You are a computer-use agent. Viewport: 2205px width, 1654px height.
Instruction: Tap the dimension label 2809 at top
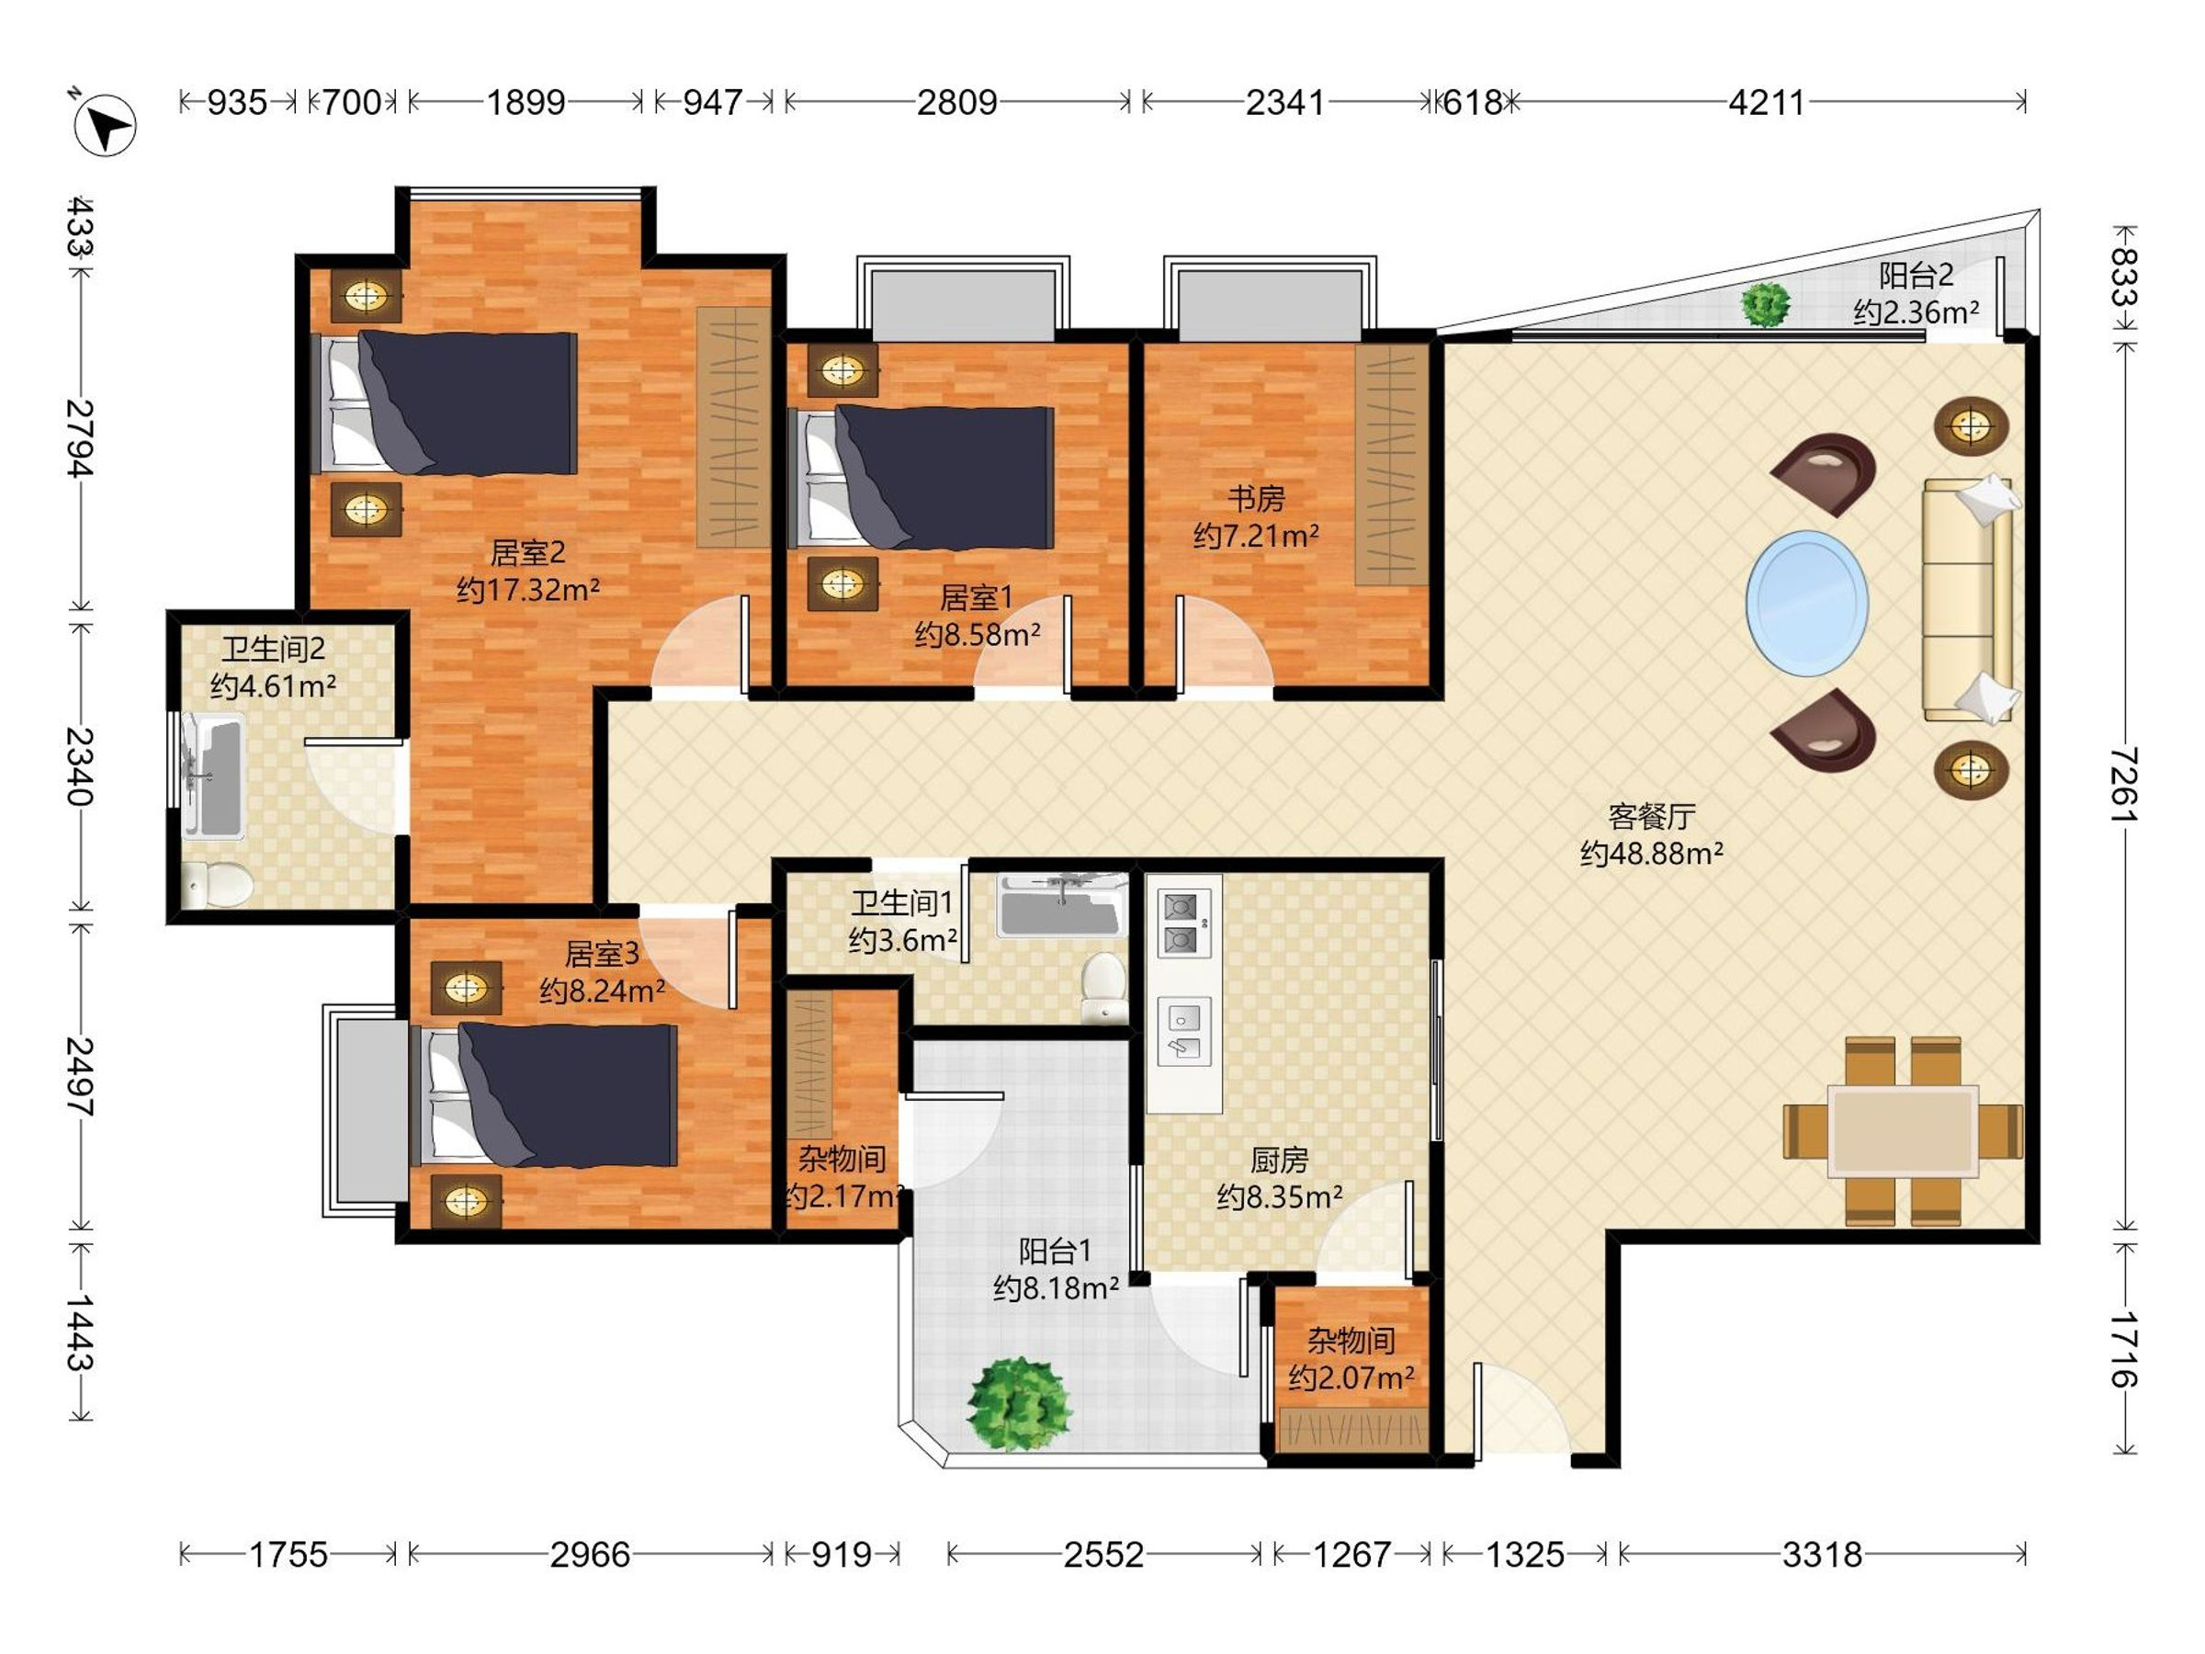957,102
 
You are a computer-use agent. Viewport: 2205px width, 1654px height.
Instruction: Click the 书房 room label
1256,497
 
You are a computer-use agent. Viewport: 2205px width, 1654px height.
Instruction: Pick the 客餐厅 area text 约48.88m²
1652,854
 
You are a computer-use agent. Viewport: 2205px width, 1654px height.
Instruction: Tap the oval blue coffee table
1806,603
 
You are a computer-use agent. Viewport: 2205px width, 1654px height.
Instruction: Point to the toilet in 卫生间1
1104,986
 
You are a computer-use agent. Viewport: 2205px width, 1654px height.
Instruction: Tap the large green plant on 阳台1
1019,1404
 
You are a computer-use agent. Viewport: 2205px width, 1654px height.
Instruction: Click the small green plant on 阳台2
1766,304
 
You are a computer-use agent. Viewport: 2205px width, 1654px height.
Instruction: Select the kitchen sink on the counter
1184,1031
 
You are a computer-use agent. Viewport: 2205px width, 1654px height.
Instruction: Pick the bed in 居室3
544,1093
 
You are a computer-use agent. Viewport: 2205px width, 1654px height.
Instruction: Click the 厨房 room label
1279,1160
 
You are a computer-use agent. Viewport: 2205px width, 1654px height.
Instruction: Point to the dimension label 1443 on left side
80,1332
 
